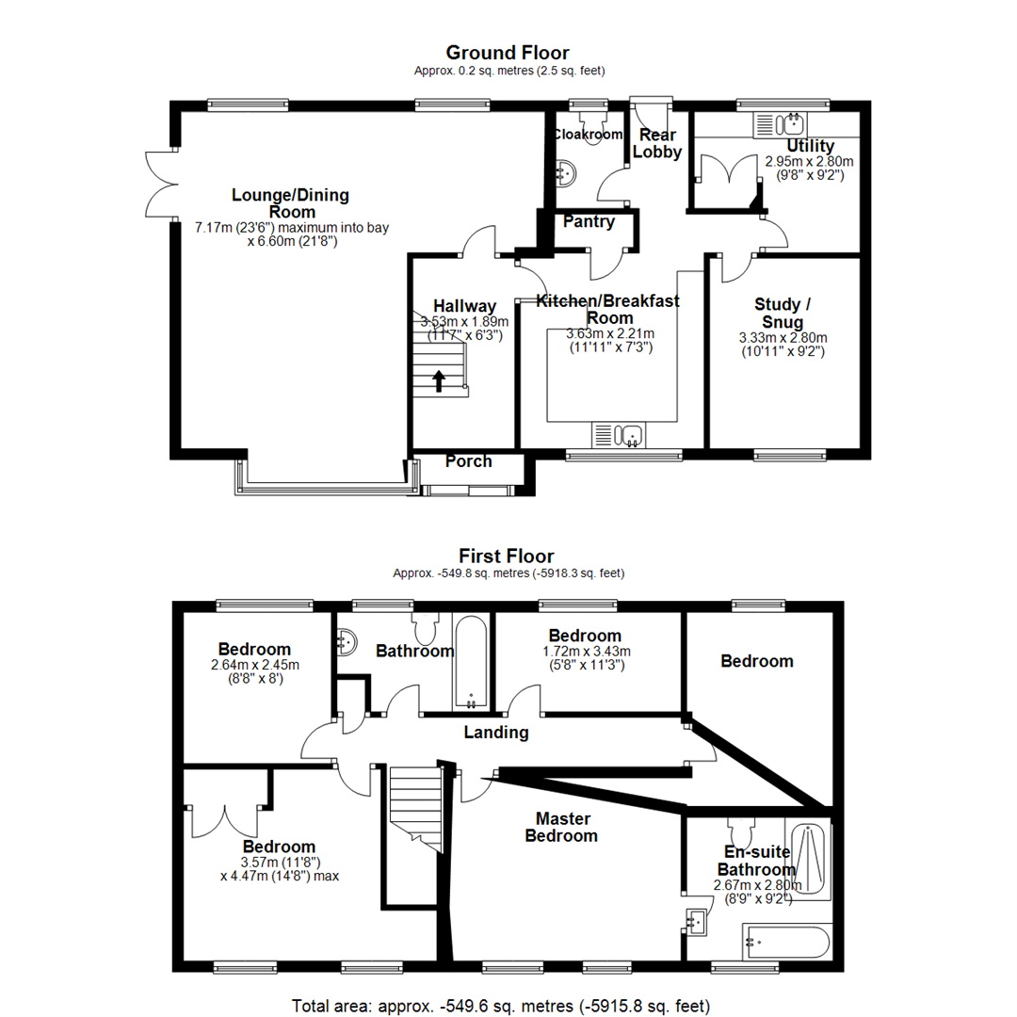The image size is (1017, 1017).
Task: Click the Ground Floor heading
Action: pyautogui.click(x=507, y=53)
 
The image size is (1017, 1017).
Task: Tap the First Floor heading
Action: pyautogui.click(x=507, y=557)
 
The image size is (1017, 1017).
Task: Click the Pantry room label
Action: pyautogui.click(x=589, y=222)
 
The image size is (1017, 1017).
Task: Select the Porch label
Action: pyautogui.click(x=468, y=461)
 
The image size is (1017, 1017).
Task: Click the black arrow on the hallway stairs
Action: pyautogui.click(x=439, y=380)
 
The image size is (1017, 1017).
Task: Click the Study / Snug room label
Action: pyautogui.click(x=783, y=314)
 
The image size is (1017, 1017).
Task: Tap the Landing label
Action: pyautogui.click(x=497, y=733)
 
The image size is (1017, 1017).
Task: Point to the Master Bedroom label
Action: pyautogui.click(x=561, y=827)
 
